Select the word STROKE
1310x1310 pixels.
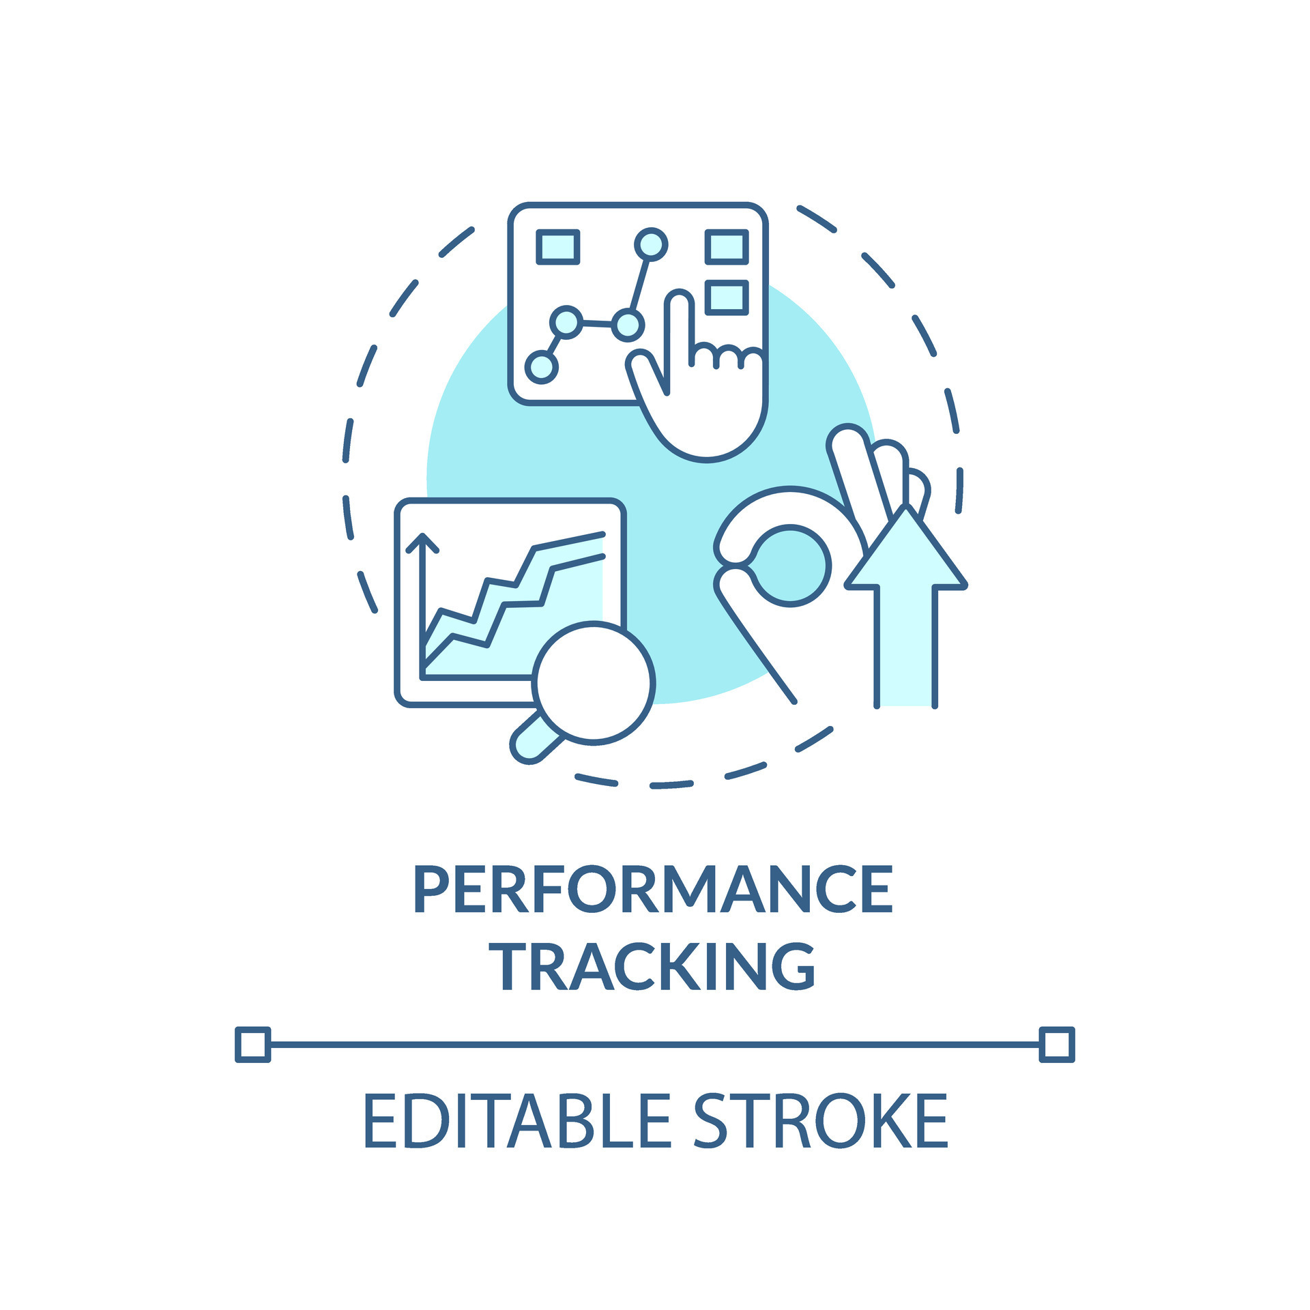click(821, 1121)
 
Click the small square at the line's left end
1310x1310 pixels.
click(252, 1045)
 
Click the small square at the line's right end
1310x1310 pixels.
click(1057, 1045)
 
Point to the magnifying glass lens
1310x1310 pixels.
click(593, 682)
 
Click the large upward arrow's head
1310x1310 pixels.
click(906, 550)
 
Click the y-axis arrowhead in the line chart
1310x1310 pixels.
click(422, 543)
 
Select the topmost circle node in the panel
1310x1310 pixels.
click(651, 244)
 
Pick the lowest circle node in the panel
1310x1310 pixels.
click(541, 366)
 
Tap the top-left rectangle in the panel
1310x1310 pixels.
click(558, 246)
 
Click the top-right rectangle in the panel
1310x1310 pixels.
click(727, 246)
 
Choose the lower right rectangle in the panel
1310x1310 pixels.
click(727, 297)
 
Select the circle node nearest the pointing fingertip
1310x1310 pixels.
click(627, 324)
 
